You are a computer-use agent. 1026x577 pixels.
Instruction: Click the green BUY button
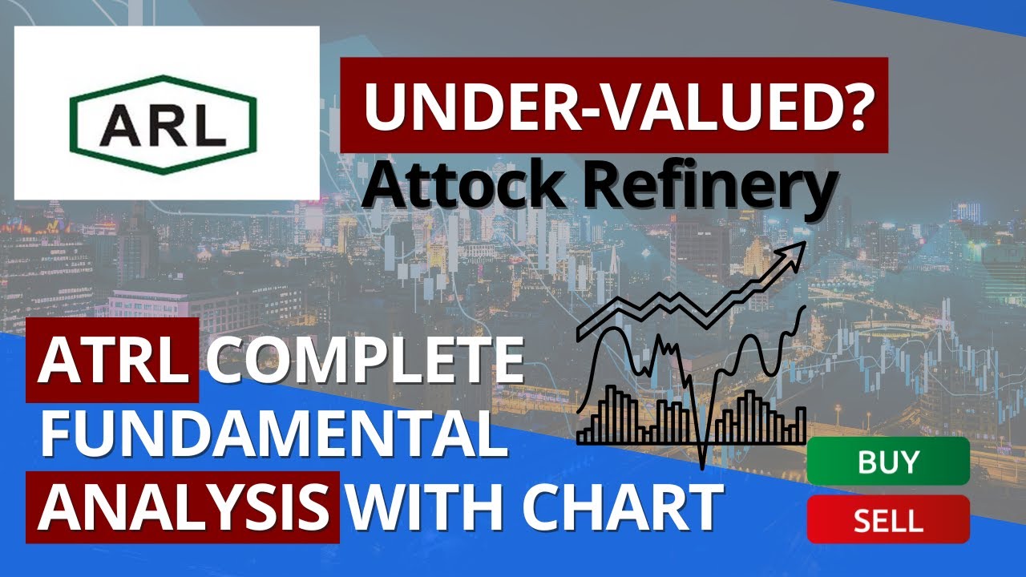coord(887,462)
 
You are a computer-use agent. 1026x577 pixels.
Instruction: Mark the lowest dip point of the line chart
coord(702,466)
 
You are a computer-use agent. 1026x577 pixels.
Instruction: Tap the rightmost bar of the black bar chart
coord(801,425)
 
